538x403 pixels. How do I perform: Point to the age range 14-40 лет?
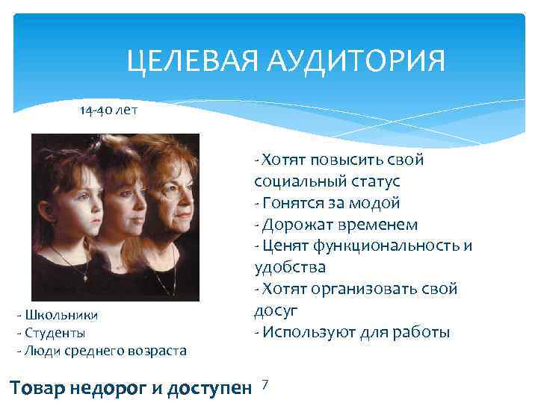[108, 110]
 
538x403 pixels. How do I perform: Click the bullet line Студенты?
[53, 332]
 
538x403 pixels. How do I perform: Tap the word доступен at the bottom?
[208, 387]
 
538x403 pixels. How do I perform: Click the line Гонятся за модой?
[328, 203]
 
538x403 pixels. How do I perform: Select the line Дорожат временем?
[336, 225]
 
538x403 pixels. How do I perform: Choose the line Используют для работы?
[352, 332]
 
